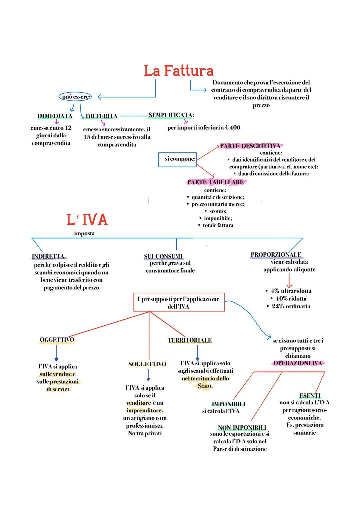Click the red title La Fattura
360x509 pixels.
179,71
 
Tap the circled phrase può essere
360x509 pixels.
76,97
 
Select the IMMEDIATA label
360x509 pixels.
55,116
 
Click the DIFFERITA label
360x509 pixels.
101,116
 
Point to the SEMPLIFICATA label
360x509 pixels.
171,115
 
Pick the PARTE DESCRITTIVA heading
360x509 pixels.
250,146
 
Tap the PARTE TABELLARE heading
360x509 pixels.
215,182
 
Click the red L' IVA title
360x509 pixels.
87,220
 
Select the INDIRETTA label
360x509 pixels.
48,256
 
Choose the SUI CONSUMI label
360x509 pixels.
163,256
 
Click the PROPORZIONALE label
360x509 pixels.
276,255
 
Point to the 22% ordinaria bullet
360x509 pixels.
289,306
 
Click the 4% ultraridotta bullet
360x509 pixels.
289,291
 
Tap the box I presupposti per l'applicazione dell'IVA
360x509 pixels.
179,302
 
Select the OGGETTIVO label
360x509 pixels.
57,340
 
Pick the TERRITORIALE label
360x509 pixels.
190,340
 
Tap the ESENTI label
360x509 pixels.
310,396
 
